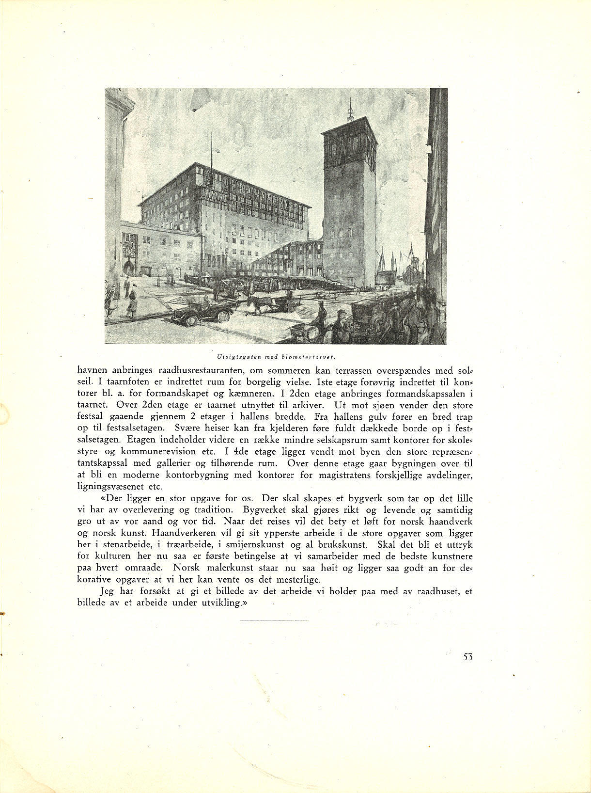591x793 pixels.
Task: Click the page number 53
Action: (467, 657)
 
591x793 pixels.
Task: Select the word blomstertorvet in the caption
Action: (311, 357)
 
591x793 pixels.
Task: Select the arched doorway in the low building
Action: (129, 268)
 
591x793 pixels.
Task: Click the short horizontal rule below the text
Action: (274, 620)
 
